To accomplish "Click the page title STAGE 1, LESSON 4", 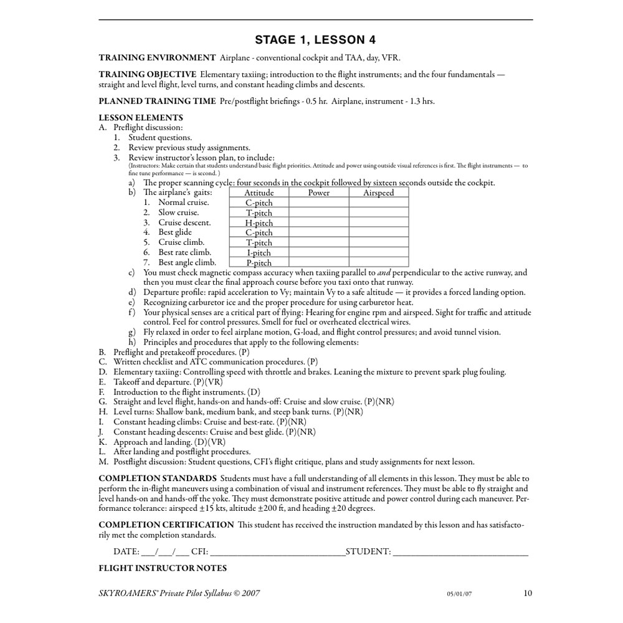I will (315, 40).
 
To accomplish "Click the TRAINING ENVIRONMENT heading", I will (157, 58).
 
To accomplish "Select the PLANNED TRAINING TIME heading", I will (157, 101).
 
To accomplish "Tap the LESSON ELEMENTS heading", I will (141, 118).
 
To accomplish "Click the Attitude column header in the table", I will (259, 193).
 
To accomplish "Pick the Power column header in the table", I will (319, 193).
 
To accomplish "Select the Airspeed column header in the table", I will (379, 193).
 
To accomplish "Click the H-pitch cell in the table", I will (259, 223).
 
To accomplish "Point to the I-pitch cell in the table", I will (259, 253).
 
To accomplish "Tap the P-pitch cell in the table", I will (259, 263).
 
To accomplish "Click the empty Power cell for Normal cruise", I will (319, 203).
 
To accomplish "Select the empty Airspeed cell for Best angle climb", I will (379, 263).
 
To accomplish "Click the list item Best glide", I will (175, 232).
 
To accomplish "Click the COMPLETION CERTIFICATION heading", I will (166, 525).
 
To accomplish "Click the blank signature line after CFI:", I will (278, 552).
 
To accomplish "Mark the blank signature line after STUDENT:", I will (461, 552).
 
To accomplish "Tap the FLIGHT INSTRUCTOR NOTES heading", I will (163, 568).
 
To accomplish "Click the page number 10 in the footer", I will (528, 593).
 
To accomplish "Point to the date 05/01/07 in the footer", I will (459, 594).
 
